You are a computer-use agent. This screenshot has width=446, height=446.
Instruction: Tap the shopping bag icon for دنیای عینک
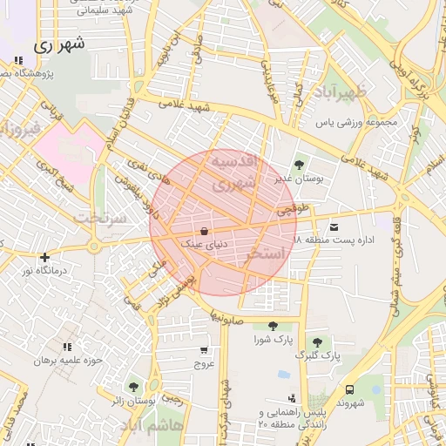(204, 232)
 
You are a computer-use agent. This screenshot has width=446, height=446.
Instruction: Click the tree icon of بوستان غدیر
(300, 164)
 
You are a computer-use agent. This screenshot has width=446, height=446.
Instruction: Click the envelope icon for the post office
(334, 226)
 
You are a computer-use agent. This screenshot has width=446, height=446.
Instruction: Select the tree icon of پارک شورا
(273, 326)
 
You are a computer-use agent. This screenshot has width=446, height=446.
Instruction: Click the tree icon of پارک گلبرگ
(315, 342)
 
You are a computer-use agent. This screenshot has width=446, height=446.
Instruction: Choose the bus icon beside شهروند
(349, 389)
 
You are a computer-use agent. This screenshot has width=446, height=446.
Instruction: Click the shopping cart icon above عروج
(204, 350)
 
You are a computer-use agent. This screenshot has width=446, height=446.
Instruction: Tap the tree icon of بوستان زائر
(133, 387)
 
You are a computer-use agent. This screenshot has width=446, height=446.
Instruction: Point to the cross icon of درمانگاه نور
(44, 257)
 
